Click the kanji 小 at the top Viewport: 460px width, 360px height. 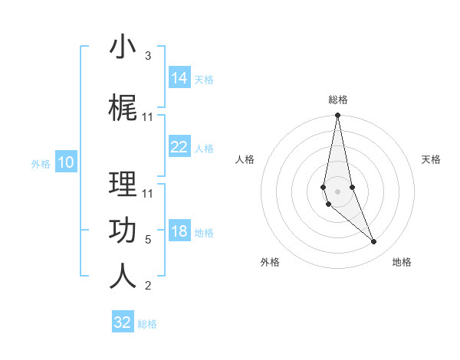[123, 47]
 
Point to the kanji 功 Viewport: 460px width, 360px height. [123, 231]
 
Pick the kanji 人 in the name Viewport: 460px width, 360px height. [123, 275]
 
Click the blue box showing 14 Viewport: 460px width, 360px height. [179, 78]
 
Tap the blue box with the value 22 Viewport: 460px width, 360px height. [179, 148]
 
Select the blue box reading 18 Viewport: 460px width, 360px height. [179, 232]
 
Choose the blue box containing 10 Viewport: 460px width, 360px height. [66, 162]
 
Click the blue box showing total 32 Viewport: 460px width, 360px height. [123, 322]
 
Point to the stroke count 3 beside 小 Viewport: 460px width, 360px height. [148, 56]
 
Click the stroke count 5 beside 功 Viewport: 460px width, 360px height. [148, 240]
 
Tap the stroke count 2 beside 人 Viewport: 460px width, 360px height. [148, 286]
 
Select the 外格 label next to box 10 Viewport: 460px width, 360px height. [41, 163]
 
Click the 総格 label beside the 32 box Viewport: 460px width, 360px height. [147, 323]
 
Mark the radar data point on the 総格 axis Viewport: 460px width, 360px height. [337, 116]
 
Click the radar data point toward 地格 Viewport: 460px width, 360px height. [374, 242]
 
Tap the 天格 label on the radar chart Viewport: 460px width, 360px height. [431, 159]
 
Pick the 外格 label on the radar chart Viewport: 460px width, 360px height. [270, 262]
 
